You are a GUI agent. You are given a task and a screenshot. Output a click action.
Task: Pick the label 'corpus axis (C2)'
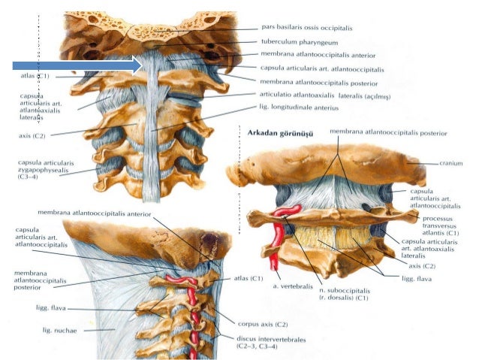pyautogui.click(x=261, y=324)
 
